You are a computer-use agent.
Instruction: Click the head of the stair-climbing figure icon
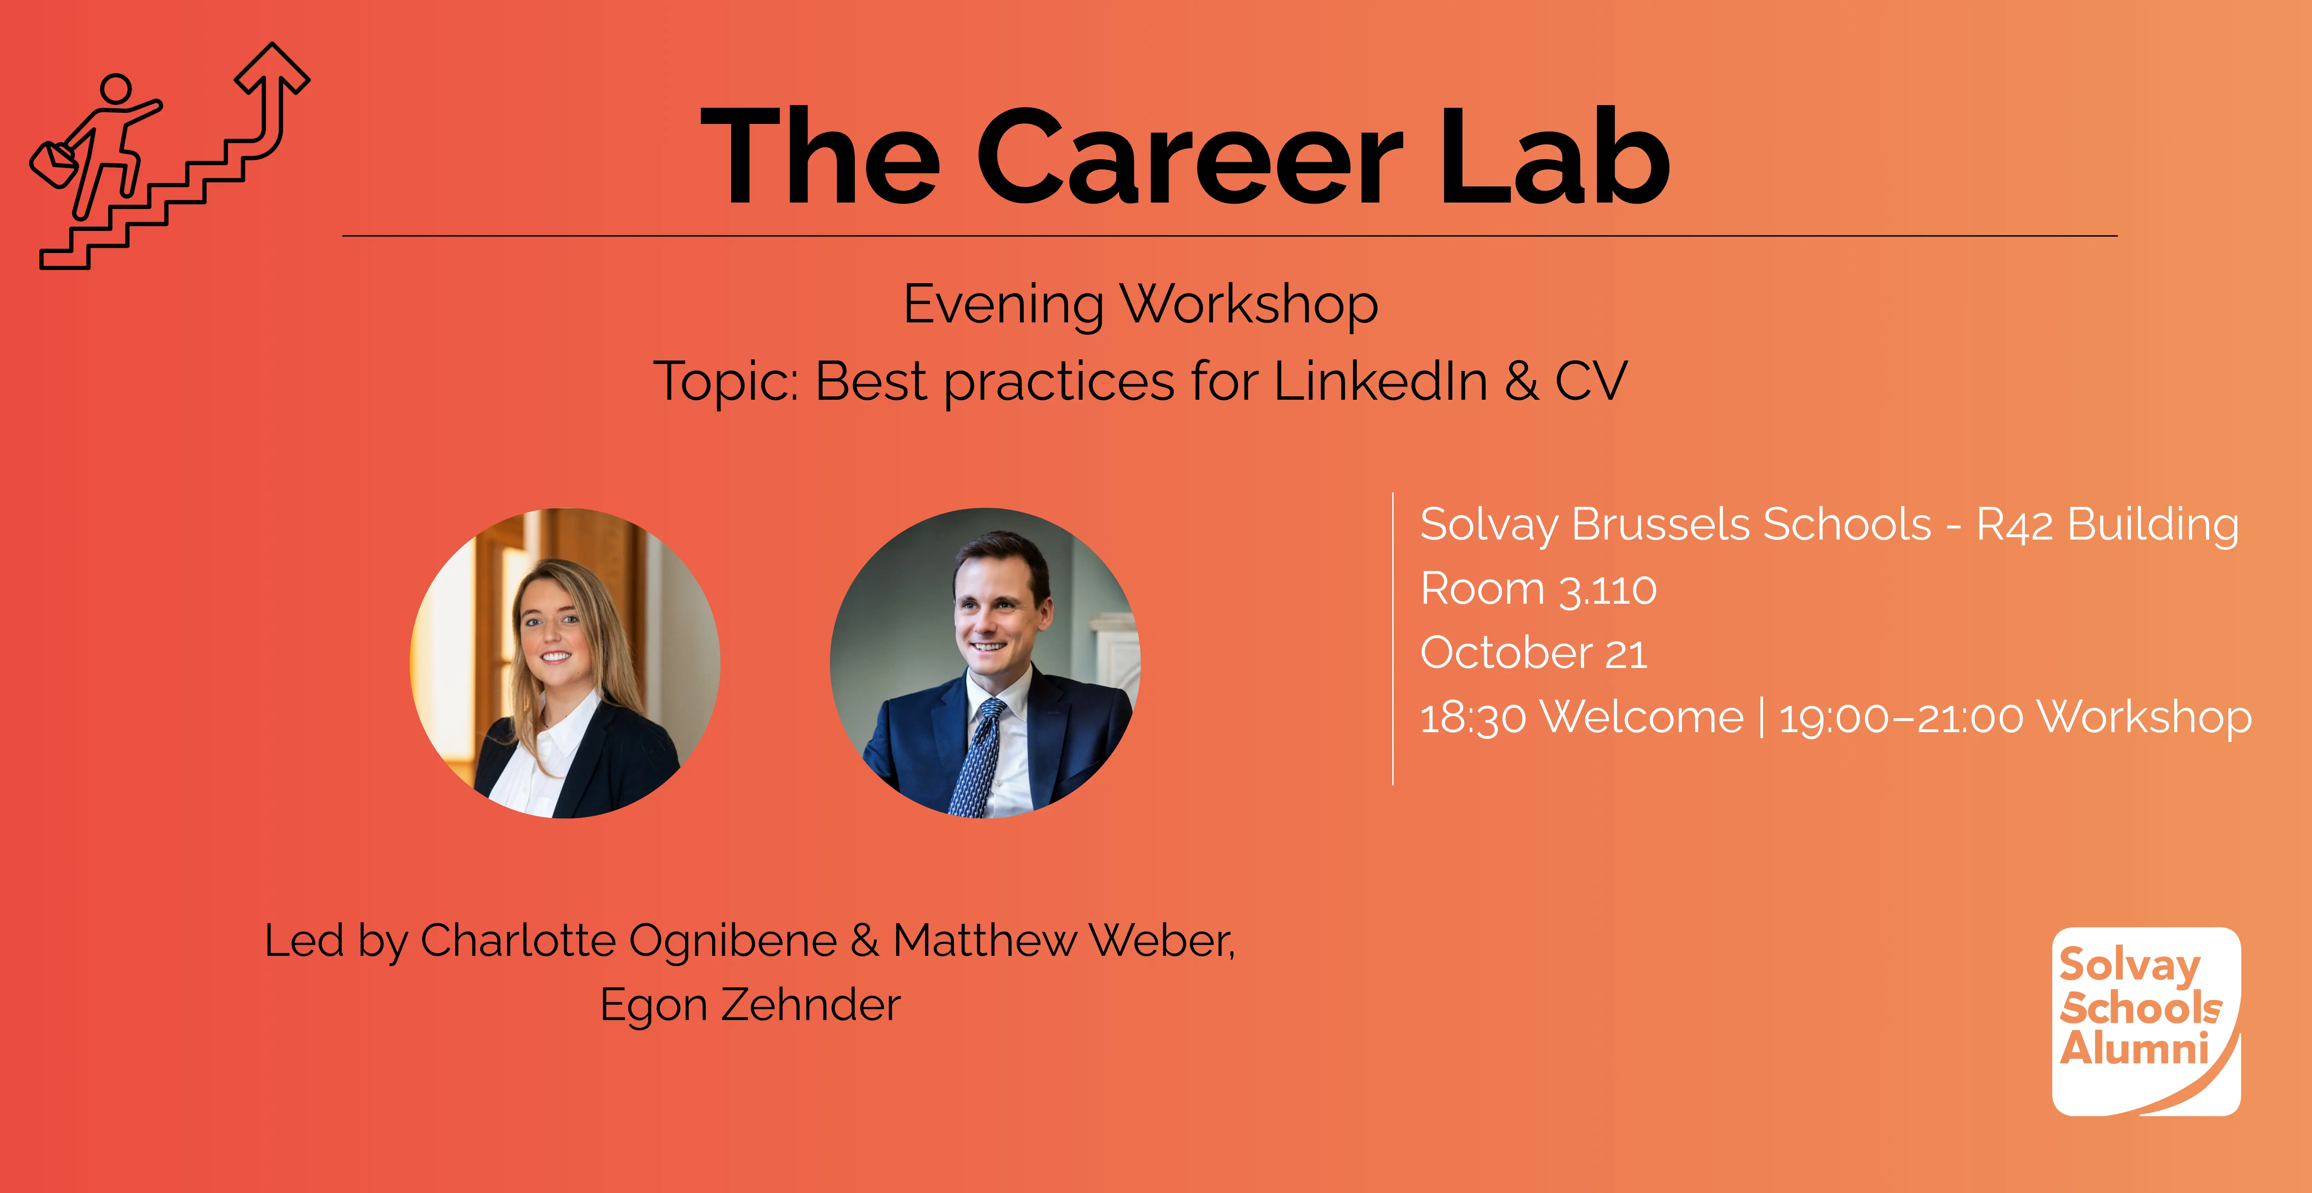117,90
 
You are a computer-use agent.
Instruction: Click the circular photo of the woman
565,663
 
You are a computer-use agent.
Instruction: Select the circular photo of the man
985,663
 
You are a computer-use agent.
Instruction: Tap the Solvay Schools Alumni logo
2146,1022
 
